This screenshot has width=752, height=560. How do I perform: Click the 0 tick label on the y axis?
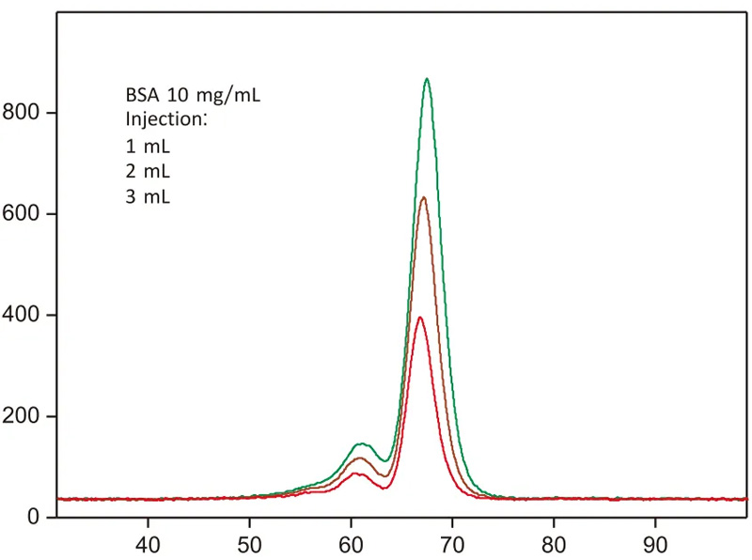point(34,517)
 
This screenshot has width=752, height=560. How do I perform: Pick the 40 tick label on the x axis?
point(148,544)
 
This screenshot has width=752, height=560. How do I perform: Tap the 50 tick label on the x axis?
point(249,544)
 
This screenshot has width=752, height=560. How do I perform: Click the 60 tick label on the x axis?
point(351,544)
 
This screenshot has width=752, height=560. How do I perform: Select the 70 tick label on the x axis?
point(452,544)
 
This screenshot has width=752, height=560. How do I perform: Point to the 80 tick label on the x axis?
point(554,544)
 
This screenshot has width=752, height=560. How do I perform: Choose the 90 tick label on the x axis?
point(655,544)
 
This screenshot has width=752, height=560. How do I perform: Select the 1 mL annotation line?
point(148,147)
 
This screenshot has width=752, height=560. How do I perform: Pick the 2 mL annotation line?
point(148,172)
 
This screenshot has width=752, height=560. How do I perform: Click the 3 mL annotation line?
point(148,197)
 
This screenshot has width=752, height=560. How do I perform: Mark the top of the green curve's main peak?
point(427,79)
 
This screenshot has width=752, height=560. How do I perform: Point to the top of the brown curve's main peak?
point(423,197)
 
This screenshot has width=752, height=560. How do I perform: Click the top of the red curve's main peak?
point(420,318)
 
